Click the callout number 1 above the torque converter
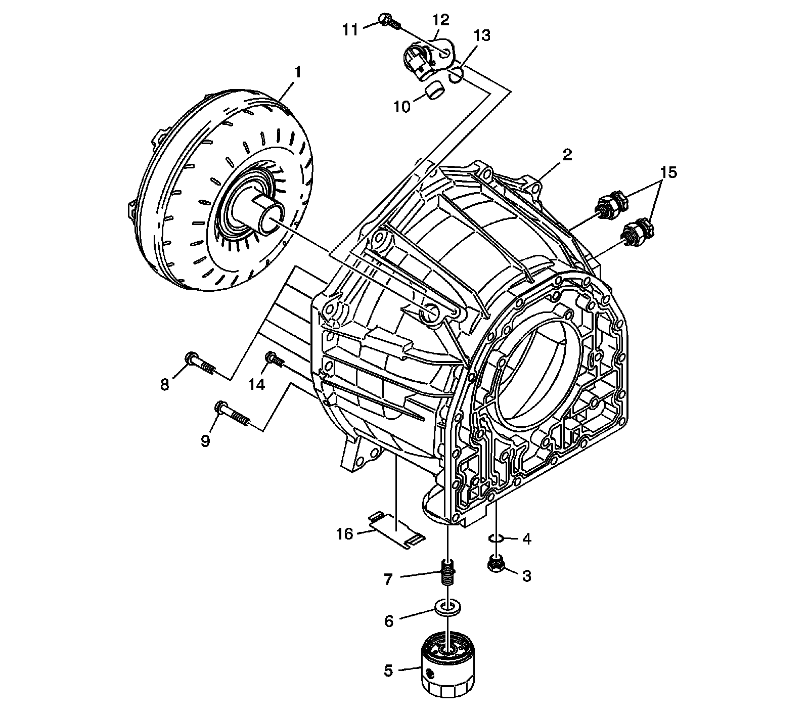(x=298, y=72)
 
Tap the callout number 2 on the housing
(x=567, y=155)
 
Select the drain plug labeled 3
(x=496, y=565)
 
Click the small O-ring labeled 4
(x=496, y=538)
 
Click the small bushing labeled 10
(x=435, y=92)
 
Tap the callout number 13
(x=482, y=36)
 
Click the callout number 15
(x=667, y=172)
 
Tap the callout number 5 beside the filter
(x=388, y=670)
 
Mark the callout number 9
(x=205, y=440)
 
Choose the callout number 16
(x=345, y=533)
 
